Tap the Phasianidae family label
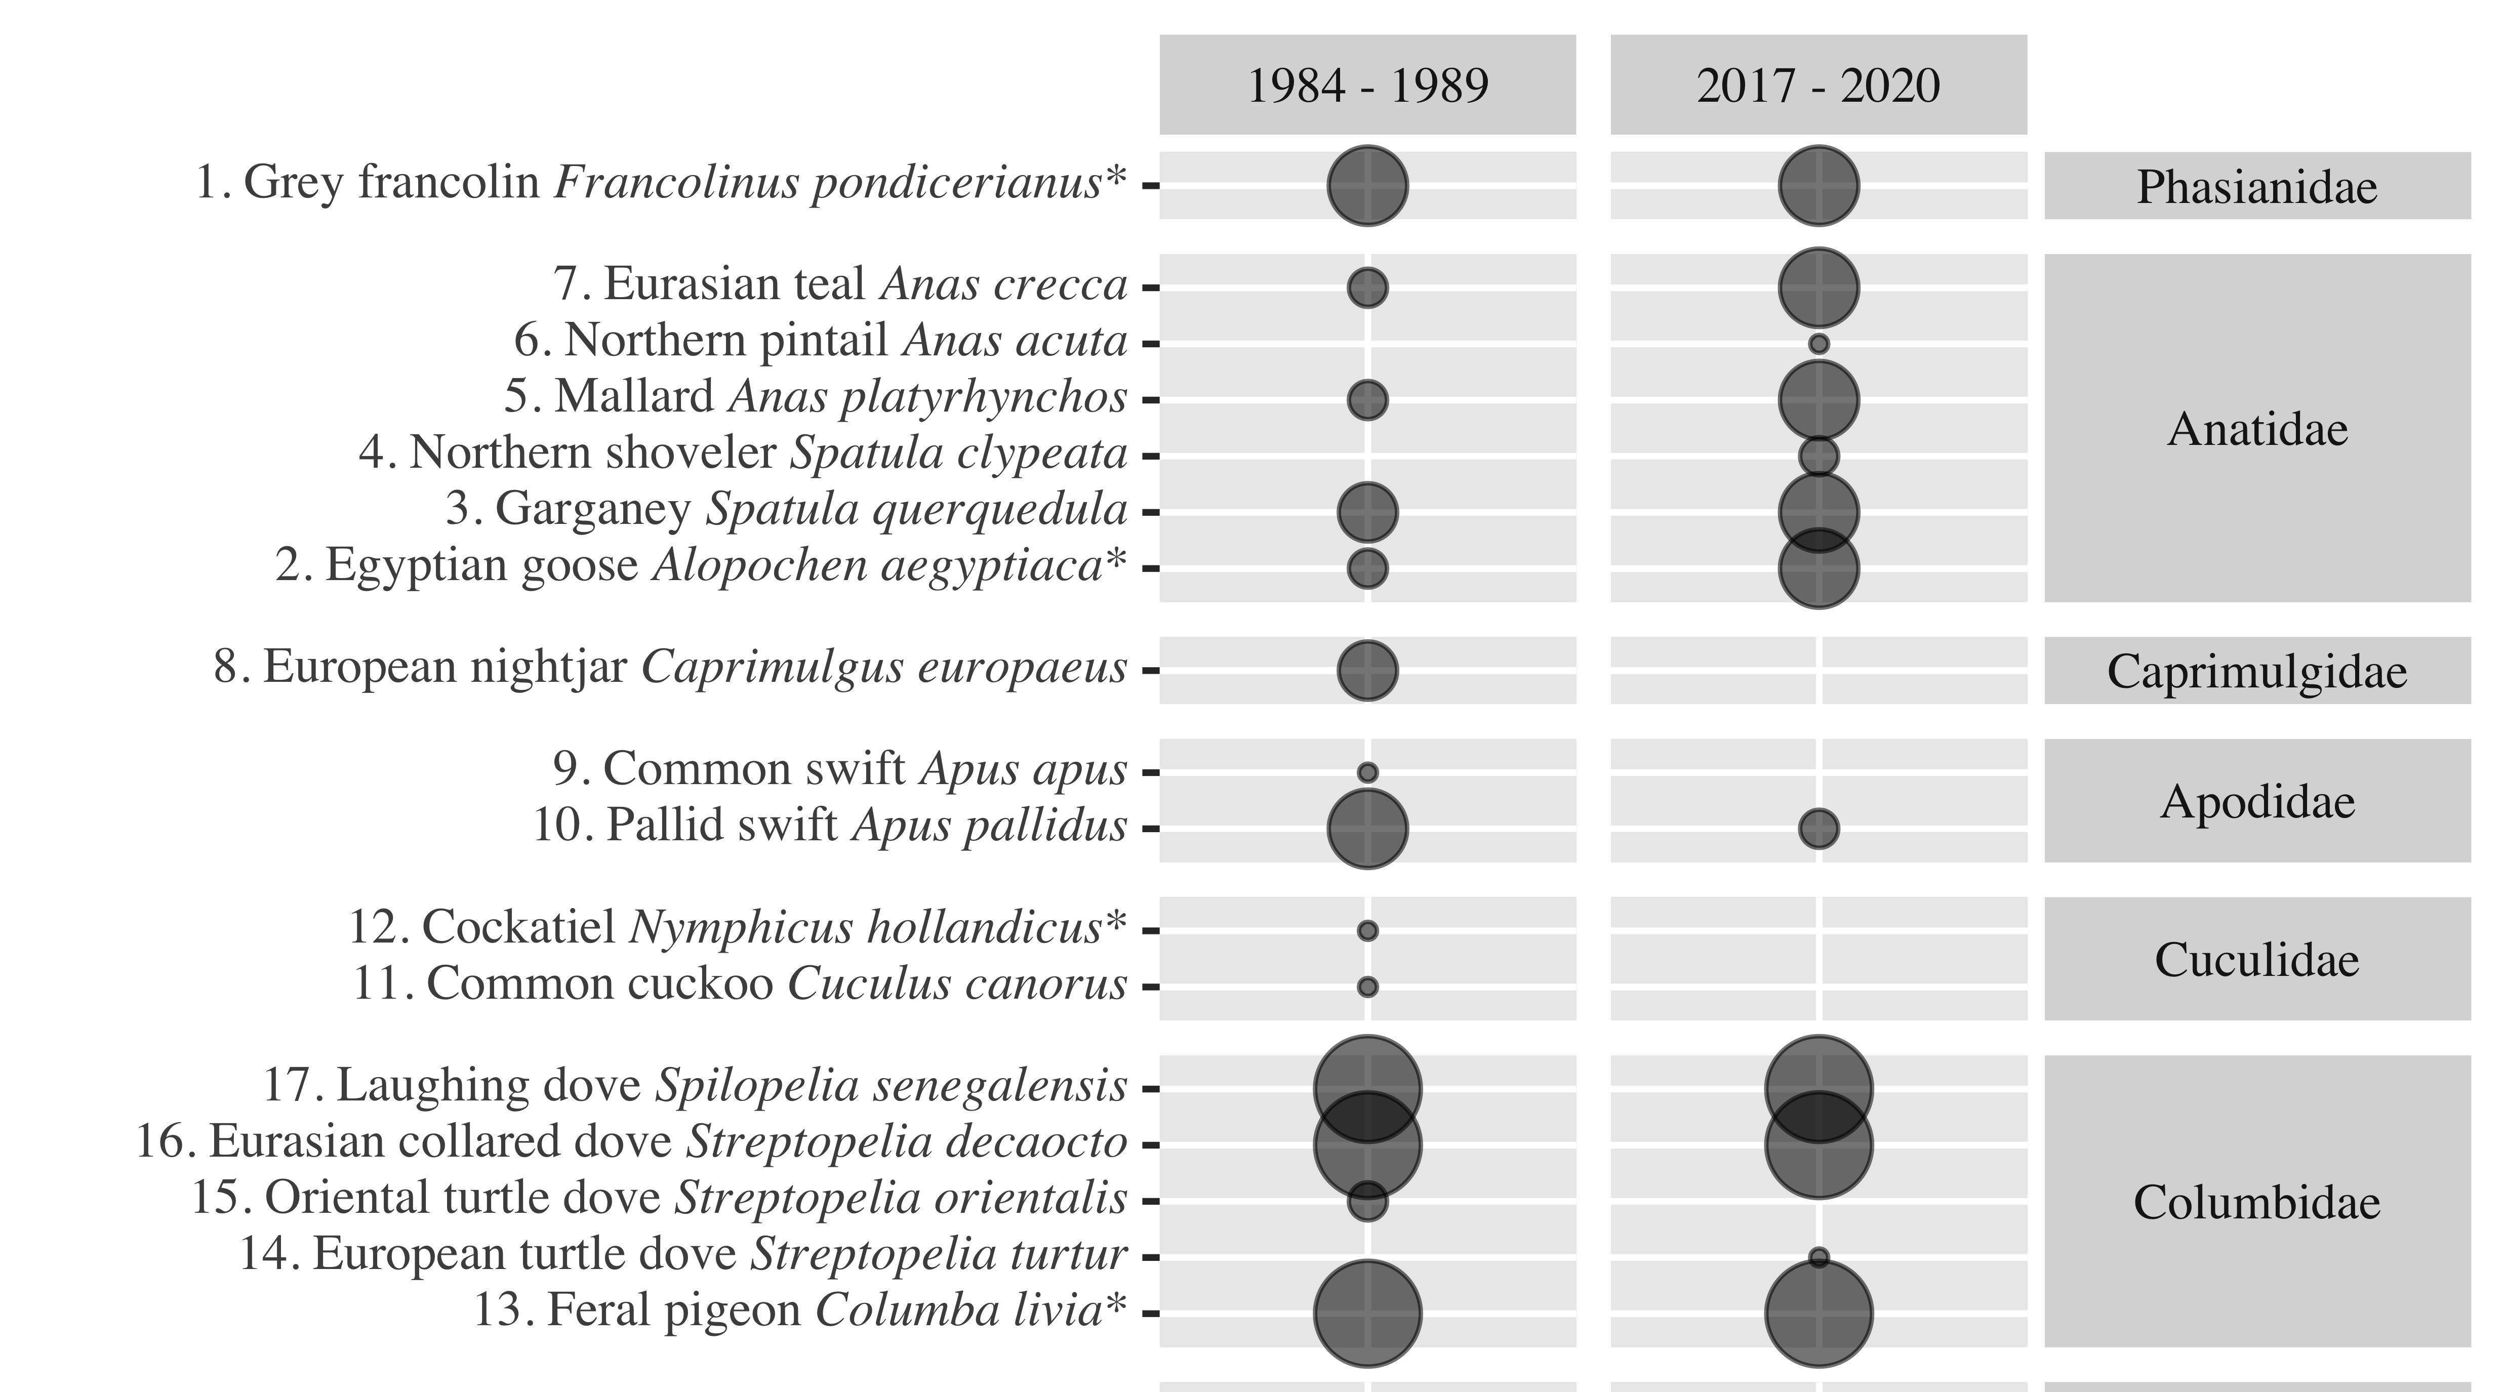pyautogui.click(x=2257, y=186)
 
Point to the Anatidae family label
pyautogui.click(x=2257, y=428)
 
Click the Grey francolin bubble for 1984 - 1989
pyautogui.click(x=1367, y=185)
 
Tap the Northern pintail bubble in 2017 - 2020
pyautogui.click(x=1818, y=343)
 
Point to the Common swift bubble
pyautogui.click(x=1367, y=772)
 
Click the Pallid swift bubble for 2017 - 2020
pyautogui.click(x=1818, y=829)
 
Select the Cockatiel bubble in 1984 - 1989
pyautogui.click(x=1367, y=931)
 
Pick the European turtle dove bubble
pyautogui.click(x=1818, y=1257)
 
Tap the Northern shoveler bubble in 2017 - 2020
pyautogui.click(x=1818, y=455)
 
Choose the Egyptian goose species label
pyautogui.click(x=701, y=565)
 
